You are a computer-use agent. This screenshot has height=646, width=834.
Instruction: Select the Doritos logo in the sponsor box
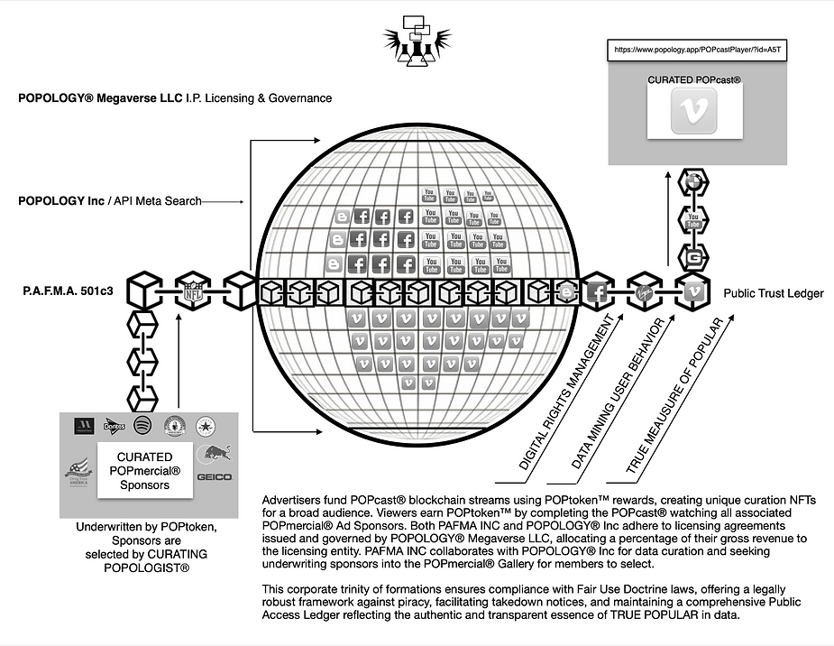(113, 425)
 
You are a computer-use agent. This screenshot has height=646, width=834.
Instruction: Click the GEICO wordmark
(215, 476)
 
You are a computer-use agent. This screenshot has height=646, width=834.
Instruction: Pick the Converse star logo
(206, 425)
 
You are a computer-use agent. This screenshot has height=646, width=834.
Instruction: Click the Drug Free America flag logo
(79, 471)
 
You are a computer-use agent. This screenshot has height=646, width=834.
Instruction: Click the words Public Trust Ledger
(774, 293)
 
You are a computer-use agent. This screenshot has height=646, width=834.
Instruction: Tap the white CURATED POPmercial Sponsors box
(145, 470)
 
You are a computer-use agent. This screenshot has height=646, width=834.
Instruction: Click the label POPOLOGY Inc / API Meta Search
(109, 200)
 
